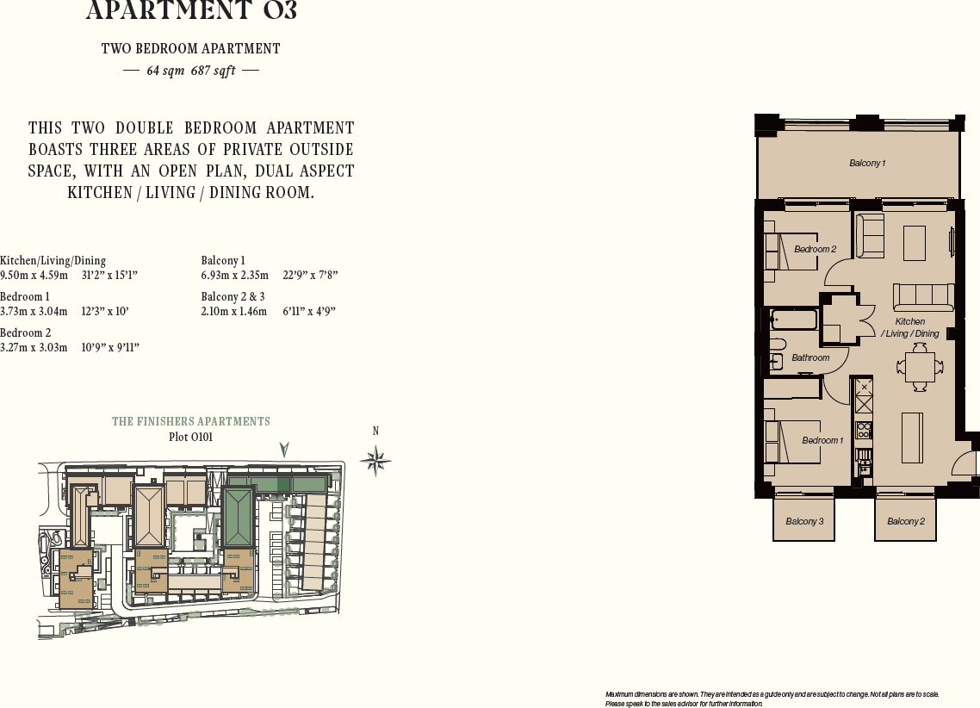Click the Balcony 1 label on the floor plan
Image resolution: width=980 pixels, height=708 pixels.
(x=867, y=163)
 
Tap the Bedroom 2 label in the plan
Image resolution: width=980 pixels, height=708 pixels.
(x=815, y=249)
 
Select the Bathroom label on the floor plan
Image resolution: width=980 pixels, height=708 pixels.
(x=810, y=357)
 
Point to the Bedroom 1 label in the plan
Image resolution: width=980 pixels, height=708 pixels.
(x=822, y=440)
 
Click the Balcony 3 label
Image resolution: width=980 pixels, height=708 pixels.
(x=804, y=521)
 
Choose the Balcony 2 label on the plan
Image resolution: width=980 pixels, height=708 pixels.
(x=906, y=521)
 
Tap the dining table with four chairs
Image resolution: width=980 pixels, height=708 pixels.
(x=919, y=368)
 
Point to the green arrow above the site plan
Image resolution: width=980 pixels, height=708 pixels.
(x=284, y=449)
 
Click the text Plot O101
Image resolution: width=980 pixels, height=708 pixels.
(x=191, y=437)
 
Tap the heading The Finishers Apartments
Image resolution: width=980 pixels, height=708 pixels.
(x=191, y=421)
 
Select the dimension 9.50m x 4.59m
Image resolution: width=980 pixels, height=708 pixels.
(x=34, y=276)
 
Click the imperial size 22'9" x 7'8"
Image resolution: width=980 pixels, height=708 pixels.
(x=310, y=276)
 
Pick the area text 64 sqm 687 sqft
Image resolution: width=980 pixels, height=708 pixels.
(x=191, y=71)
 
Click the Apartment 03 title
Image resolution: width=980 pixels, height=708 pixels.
(x=191, y=11)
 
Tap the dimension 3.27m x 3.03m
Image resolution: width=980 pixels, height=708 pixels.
(x=34, y=347)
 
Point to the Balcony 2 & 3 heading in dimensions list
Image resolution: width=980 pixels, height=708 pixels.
(x=233, y=296)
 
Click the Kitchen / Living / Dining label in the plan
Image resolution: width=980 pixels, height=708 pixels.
(x=910, y=327)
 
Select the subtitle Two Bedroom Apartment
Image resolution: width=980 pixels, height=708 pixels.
(x=191, y=49)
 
